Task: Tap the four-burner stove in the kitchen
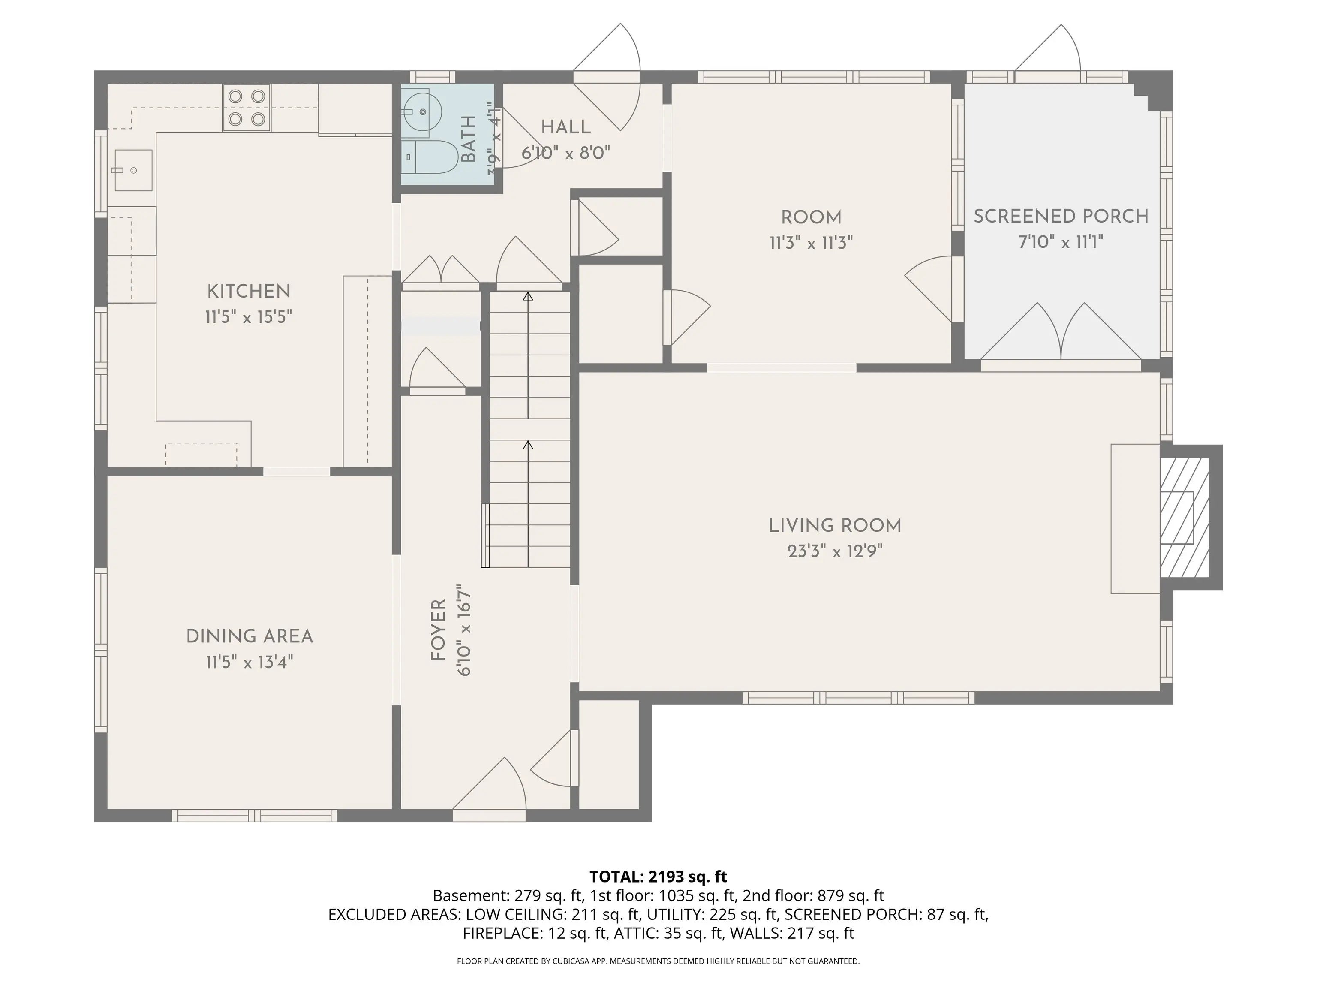click(247, 107)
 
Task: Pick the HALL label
click(565, 127)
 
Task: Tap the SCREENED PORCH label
click(1061, 216)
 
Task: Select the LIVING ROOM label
click(835, 525)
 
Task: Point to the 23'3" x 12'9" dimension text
click(835, 551)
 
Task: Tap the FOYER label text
click(438, 630)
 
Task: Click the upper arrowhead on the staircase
click(527, 296)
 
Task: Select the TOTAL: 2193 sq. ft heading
click(658, 877)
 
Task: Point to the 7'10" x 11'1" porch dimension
click(1061, 242)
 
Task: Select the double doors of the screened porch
click(1061, 332)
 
